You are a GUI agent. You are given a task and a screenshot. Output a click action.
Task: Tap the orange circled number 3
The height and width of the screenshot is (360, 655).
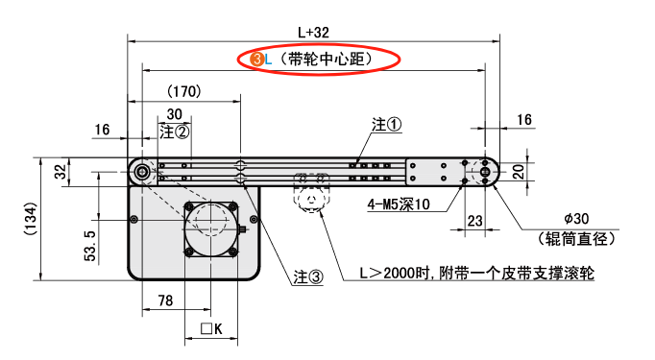[256, 60]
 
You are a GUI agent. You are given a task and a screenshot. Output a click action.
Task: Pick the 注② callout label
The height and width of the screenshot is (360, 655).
[175, 130]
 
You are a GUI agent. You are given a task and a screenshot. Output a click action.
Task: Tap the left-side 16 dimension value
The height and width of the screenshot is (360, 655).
[104, 130]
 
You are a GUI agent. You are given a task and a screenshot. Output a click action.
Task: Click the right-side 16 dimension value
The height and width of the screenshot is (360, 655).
[524, 119]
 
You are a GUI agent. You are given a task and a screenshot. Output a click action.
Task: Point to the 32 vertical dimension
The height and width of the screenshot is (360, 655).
[61, 172]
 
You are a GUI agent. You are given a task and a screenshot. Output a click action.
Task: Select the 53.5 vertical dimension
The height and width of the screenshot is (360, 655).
[89, 245]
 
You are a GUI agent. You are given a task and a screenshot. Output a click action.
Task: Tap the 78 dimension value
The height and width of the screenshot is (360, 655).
[164, 301]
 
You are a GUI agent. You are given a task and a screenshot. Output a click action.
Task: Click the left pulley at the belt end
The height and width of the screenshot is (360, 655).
[142, 173]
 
